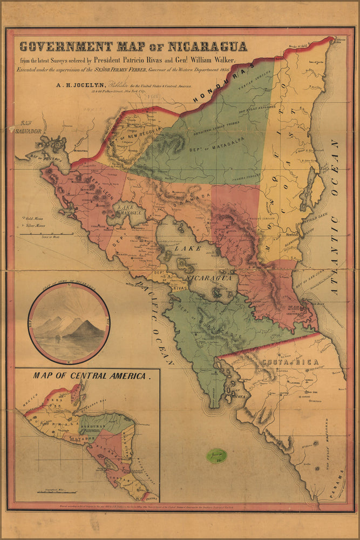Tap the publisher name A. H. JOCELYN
(78, 84)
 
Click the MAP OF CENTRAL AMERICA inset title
(90, 375)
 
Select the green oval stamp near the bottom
(216, 456)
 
